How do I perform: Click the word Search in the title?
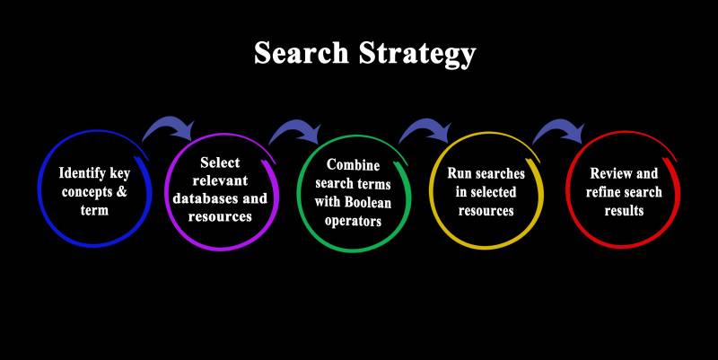pos(295,54)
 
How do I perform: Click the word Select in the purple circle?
pos(220,162)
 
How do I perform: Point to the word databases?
pos(206,199)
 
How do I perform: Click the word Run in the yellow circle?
pos(460,173)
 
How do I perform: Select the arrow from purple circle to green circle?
pos(295,133)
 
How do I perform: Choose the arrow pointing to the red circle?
pos(557,132)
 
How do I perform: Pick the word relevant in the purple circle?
pos(220,180)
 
